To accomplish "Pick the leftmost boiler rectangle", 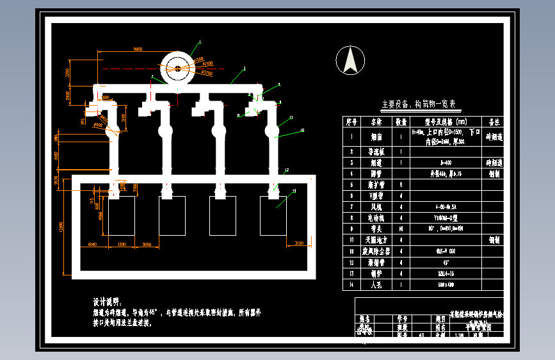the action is [x=121, y=216].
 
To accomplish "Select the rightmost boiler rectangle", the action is [x=273, y=216].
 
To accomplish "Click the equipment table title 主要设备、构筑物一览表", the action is [x=419, y=104].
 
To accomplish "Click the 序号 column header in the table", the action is [x=351, y=120].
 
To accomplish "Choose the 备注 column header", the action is [x=494, y=120].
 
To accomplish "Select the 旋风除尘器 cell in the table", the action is [x=372, y=250].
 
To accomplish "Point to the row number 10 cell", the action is [x=351, y=239].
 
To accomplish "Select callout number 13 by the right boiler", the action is [x=294, y=191].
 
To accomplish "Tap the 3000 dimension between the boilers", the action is [x=147, y=244].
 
